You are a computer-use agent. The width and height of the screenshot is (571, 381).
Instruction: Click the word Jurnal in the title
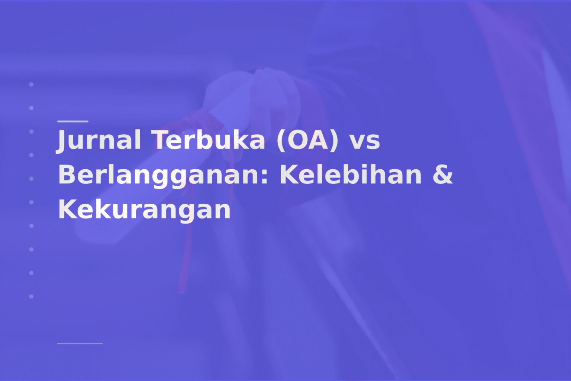(x=99, y=140)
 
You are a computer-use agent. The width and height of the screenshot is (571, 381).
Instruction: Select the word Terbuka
(x=210, y=140)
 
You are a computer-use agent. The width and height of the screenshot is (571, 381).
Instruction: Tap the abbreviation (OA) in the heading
(x=307, y=140)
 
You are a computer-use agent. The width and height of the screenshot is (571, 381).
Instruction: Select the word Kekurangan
(x=144, y=209)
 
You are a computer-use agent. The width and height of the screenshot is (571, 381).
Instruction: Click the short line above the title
(x=72, y=121)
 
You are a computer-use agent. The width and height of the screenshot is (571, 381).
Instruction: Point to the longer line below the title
(x=80, y=343)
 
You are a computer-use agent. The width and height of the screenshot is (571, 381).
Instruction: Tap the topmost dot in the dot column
(x=32, y=84)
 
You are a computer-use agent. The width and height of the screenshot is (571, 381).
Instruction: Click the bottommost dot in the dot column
(x=32, y=297)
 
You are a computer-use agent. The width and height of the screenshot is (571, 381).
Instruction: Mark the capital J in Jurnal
(x=62, y=141)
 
